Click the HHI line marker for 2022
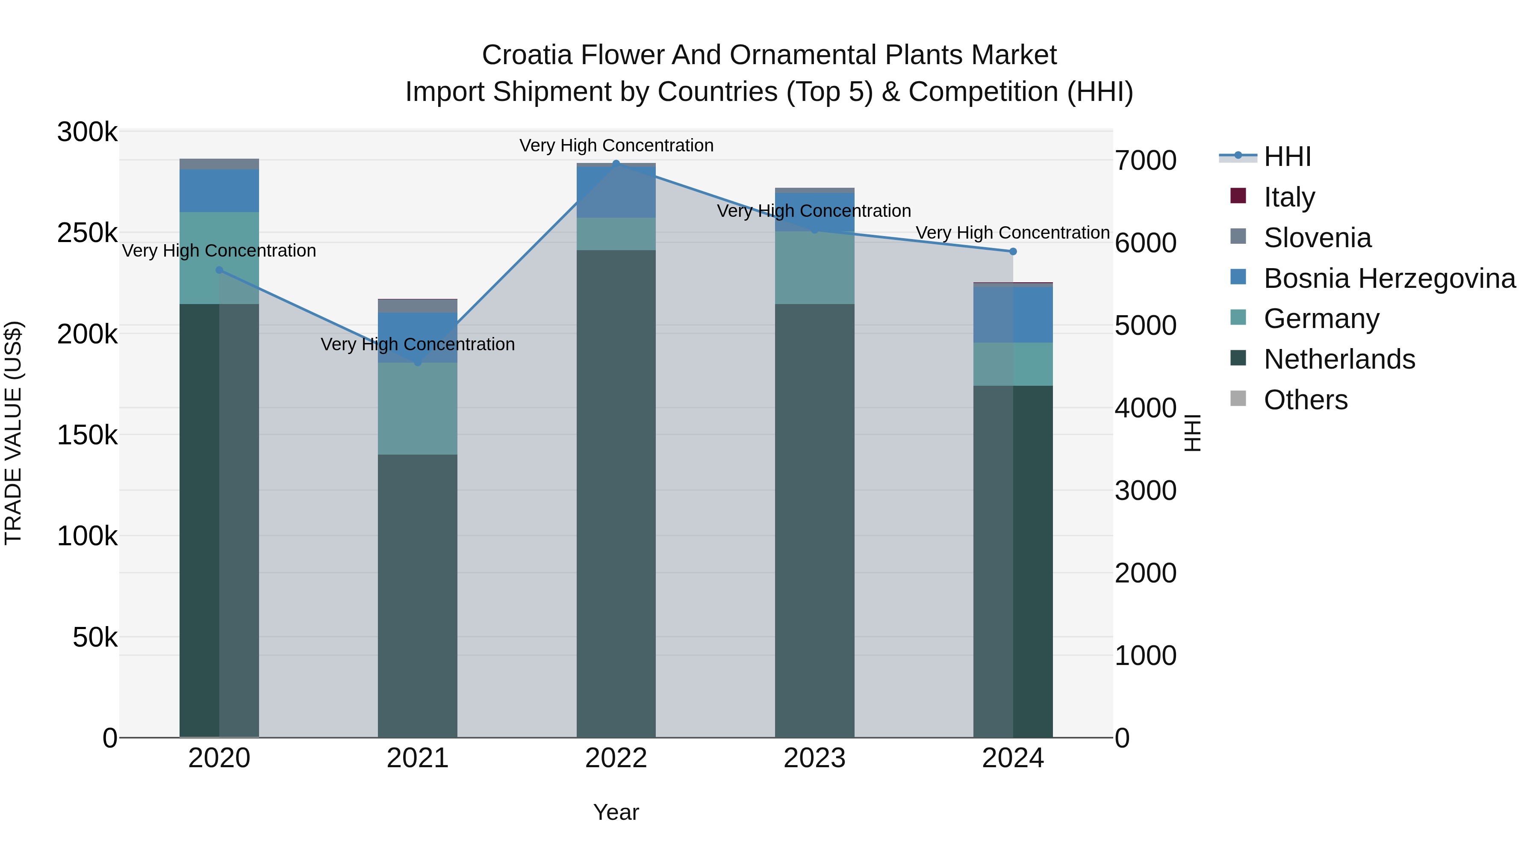coord(616,163)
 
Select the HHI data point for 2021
coord(418,362)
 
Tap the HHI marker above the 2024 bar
coord(1013,251)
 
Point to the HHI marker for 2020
coord(219,270)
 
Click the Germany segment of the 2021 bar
coord(418,409)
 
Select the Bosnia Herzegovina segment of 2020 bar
coord(219,191)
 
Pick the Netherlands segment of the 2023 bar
coord(814,520)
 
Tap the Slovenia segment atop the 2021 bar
coord(418,306)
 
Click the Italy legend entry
coord(1289,197)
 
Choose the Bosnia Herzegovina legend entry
coord(1389,278)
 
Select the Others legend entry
coord(1306,400)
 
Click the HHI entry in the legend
coord(1288,157)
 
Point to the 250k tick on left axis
coord(87,233)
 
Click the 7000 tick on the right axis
coord(1145,160)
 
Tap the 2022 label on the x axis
coord(616,758)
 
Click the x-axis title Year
coord(616,812)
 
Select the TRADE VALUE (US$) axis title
coord(13,433)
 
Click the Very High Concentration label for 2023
coord(814,211)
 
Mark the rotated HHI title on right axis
coord(1192,433)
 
